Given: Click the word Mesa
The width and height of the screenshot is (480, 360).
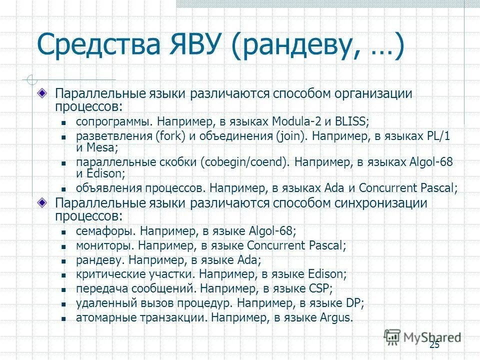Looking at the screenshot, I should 102,147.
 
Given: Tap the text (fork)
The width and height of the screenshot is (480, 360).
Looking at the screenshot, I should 170,135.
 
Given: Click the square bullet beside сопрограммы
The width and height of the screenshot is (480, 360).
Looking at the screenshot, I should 64,122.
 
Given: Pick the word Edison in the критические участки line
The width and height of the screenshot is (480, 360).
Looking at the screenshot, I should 328,274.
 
